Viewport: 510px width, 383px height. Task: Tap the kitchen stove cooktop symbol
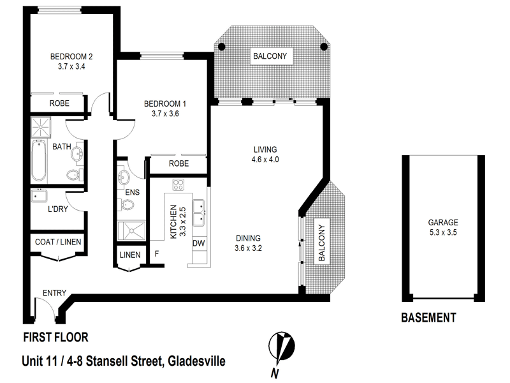click(x=178, y=186)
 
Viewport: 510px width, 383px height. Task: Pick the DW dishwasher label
click(x=198, y=243)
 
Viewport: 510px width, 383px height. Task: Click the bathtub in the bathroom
click(x=38, y=160)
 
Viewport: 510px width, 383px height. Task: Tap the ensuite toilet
click(x=126, y=205)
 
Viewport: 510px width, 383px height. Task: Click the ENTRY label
click(x=54, y=293)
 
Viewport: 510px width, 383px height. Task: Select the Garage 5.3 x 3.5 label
click(x=442, y=227)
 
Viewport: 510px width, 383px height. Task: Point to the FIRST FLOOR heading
click(x=55, y=337)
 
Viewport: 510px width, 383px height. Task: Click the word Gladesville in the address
click(x=196, y=361)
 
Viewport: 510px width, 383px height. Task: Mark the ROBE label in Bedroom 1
click(x=178, y=164)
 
